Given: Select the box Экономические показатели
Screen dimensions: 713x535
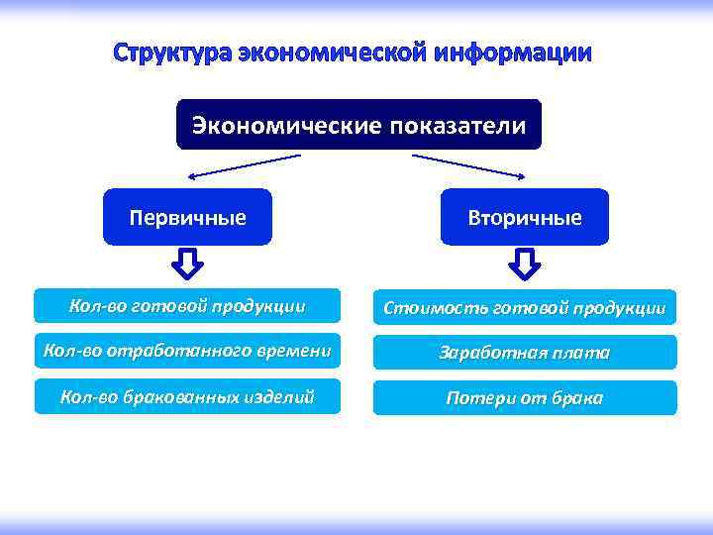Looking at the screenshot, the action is pos(358,125).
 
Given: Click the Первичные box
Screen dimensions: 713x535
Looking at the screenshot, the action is pos(187,217).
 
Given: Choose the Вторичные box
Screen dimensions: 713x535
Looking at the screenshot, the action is pos(525,217).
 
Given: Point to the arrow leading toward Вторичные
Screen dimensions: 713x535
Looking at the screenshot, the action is pos(468,165).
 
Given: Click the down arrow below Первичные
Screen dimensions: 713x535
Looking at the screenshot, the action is pos(188,264).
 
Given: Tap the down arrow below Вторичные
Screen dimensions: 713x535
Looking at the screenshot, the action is pos(525,264).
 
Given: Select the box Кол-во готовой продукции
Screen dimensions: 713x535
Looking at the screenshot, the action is pos(187,305).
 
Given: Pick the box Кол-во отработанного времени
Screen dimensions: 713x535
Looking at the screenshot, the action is pos(187,351).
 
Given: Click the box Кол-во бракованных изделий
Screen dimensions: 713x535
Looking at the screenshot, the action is pos(187,396).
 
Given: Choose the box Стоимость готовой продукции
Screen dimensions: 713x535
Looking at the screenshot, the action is pos(525,307).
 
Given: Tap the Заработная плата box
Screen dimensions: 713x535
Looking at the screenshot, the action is pos(525,353).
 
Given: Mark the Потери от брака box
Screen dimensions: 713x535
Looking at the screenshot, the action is pos(525,398).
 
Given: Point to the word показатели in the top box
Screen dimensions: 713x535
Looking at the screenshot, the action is pos(458,125).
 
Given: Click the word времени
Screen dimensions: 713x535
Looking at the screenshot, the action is pos(292,351).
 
